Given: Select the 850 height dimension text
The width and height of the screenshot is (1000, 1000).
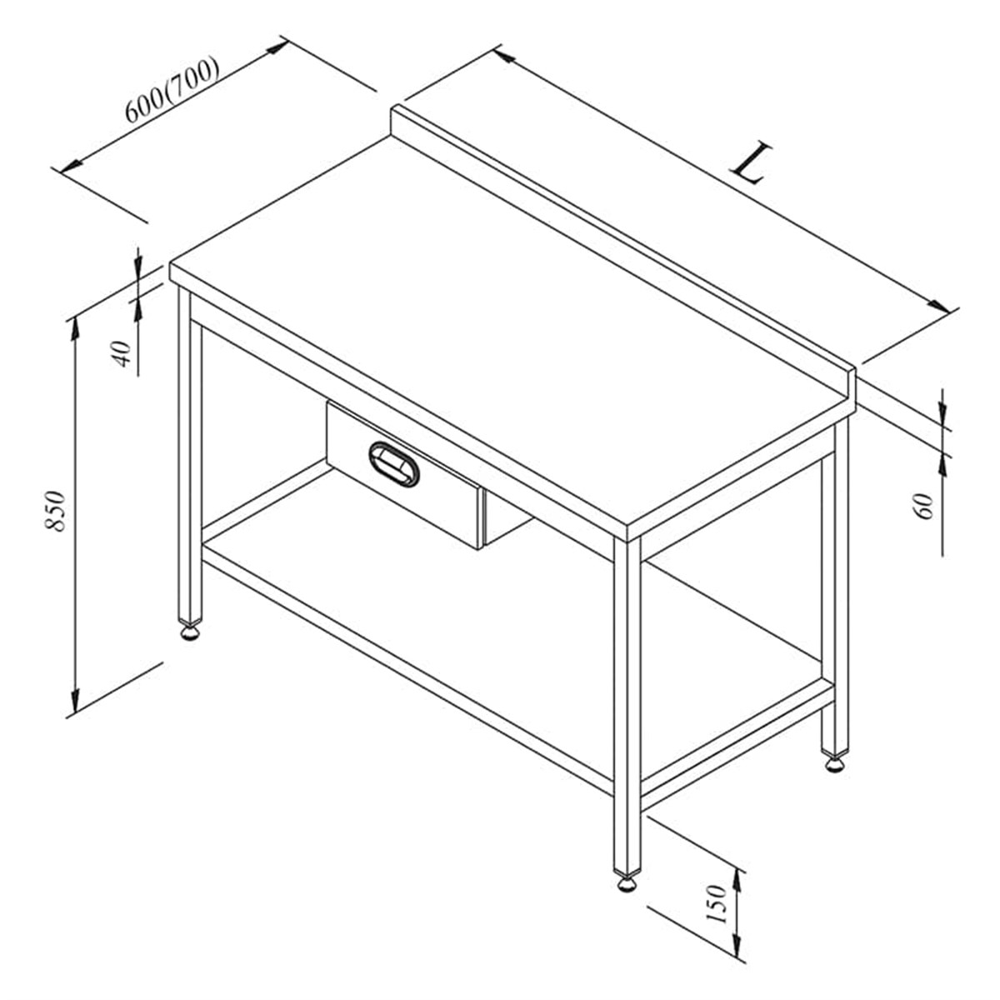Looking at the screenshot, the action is click(55, 511).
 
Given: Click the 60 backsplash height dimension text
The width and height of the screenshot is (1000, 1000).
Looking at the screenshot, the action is click(922, 506).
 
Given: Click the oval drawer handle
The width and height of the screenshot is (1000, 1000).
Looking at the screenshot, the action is click(394, 464).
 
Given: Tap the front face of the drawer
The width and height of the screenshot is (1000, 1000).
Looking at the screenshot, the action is click(402, 475).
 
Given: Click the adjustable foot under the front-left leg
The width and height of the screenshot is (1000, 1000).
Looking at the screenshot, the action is click(191, 633).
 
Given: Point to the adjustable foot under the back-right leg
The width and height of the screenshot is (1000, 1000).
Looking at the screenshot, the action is click(834, 765).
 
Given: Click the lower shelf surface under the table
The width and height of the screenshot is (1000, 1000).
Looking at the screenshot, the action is click(519, 622).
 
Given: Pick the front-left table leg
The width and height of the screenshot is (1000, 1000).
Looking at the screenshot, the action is click(190, 457).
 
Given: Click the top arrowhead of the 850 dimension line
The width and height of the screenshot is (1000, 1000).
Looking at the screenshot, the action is click(76, 328).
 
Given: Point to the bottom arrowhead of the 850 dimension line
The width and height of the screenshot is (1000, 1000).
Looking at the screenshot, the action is click(76, 701).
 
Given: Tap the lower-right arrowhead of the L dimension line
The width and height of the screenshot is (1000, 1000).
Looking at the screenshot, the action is click(938, 306).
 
